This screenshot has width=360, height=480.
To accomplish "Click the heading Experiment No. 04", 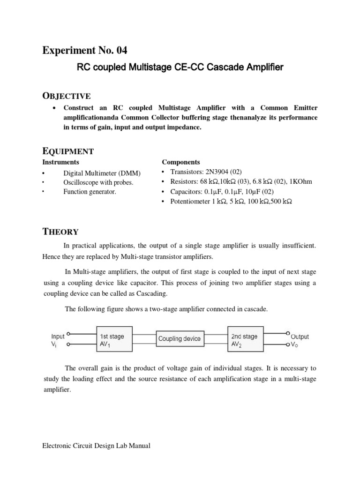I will (84, 50).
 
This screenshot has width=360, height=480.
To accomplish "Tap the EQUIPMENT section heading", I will (68, 151).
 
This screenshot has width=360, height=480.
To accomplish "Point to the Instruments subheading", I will (61, 162).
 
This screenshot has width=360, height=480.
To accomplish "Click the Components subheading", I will (181, 162).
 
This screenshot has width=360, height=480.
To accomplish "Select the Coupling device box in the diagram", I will (179, 338).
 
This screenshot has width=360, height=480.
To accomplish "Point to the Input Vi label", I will (58, 340).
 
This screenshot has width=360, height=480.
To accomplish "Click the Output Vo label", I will (300, 340).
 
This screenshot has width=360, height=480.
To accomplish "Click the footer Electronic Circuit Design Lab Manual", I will (96, 446).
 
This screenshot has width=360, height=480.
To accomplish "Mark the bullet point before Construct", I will (55, 108).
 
